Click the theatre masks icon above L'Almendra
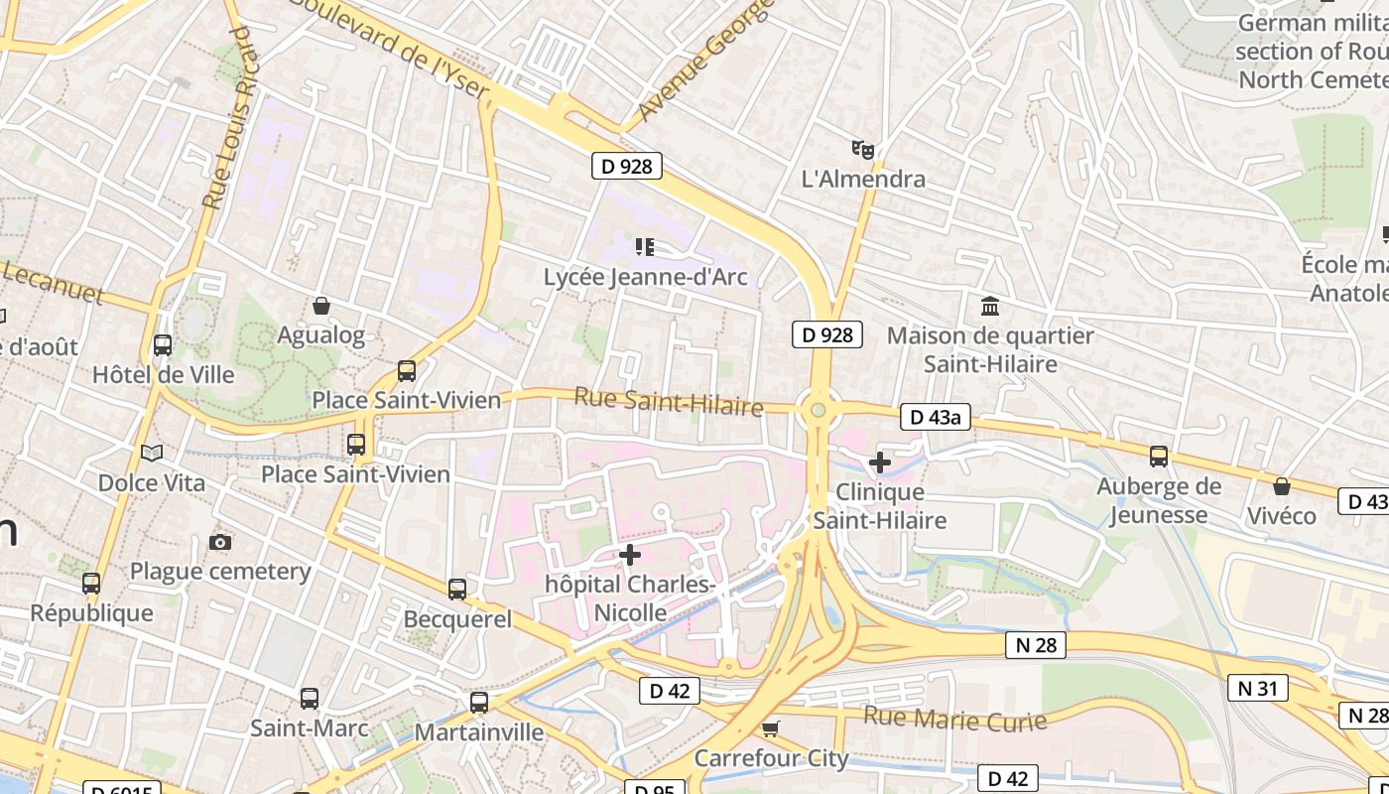pos(862,150)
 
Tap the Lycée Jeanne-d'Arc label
pos(645,277)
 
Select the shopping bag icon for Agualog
pos(320,306)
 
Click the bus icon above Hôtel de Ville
pos(163,345)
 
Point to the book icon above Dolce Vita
pos(151,454)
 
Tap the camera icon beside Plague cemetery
pos(220,542)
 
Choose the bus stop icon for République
pos(91,584)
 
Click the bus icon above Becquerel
pos(457,590)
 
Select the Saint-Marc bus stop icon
pos(310,699)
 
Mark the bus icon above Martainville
pos(479,703)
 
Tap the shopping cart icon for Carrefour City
pos(771,729)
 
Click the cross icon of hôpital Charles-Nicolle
pos(630,555)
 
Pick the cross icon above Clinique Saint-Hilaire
pos(879,462)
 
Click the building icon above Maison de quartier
pos(989,306)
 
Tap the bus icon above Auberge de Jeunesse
pos(1159,457)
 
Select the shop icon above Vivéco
pos(1282,486)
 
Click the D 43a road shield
pos(936,418)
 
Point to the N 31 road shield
pos(1257,687)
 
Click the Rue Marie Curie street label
pos(954,719)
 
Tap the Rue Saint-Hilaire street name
pos(669,402)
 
